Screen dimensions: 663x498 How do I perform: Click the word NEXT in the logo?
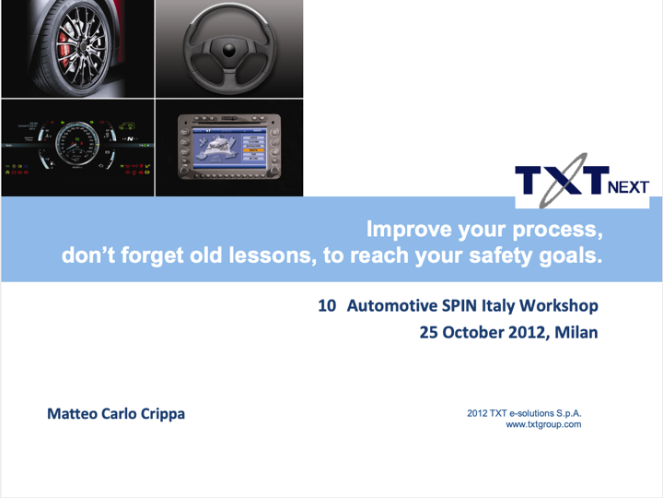point(628,186)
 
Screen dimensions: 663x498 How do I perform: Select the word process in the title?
point(557,231)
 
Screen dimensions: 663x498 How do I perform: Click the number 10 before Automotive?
point(327,306)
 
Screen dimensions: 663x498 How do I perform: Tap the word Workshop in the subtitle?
point(559,306)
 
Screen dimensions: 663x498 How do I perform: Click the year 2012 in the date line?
point(527,333)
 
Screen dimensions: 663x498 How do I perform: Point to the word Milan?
point(576,332)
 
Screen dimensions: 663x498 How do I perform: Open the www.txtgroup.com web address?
point(543,424)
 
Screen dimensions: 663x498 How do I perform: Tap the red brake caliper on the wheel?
point(64,50)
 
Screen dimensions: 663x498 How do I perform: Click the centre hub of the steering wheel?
point(228,51)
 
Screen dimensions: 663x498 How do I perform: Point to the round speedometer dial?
point(77,144)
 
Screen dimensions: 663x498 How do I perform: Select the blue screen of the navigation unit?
point(228,148)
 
